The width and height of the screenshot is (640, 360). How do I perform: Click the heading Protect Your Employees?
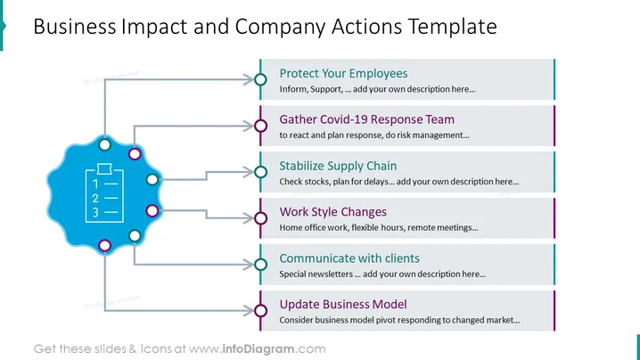point(343,73)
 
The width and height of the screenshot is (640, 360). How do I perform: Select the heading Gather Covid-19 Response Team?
point(366,119)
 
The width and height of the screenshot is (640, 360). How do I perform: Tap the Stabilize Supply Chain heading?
point(338,166)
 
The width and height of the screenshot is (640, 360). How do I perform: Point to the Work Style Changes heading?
point(332,212)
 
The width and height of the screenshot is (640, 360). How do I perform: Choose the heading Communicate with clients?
point(349,258)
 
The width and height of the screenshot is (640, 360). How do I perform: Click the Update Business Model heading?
point(343,305)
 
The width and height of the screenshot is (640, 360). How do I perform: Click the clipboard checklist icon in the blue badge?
point(104,192)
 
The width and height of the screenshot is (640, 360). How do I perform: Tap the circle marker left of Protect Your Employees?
point(260,79)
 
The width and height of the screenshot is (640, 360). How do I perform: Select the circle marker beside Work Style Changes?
point(260,218)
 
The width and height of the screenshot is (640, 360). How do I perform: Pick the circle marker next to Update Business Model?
point(260,311)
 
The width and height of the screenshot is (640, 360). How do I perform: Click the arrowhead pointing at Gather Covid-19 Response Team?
point(248,126)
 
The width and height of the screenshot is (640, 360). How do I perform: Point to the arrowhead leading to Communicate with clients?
point(248,265)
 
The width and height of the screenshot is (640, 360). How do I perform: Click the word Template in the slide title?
point(452,27)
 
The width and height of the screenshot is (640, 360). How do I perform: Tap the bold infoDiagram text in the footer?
point(258,349)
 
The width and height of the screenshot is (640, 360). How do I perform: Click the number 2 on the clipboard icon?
point(95,199)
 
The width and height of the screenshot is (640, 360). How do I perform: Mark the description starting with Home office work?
point(378,228)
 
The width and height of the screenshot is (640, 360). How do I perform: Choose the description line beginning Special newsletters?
point(382,274)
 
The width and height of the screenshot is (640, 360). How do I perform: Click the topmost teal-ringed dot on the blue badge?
point(105,144)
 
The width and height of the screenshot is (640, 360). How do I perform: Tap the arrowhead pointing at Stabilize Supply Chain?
point(248,172)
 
